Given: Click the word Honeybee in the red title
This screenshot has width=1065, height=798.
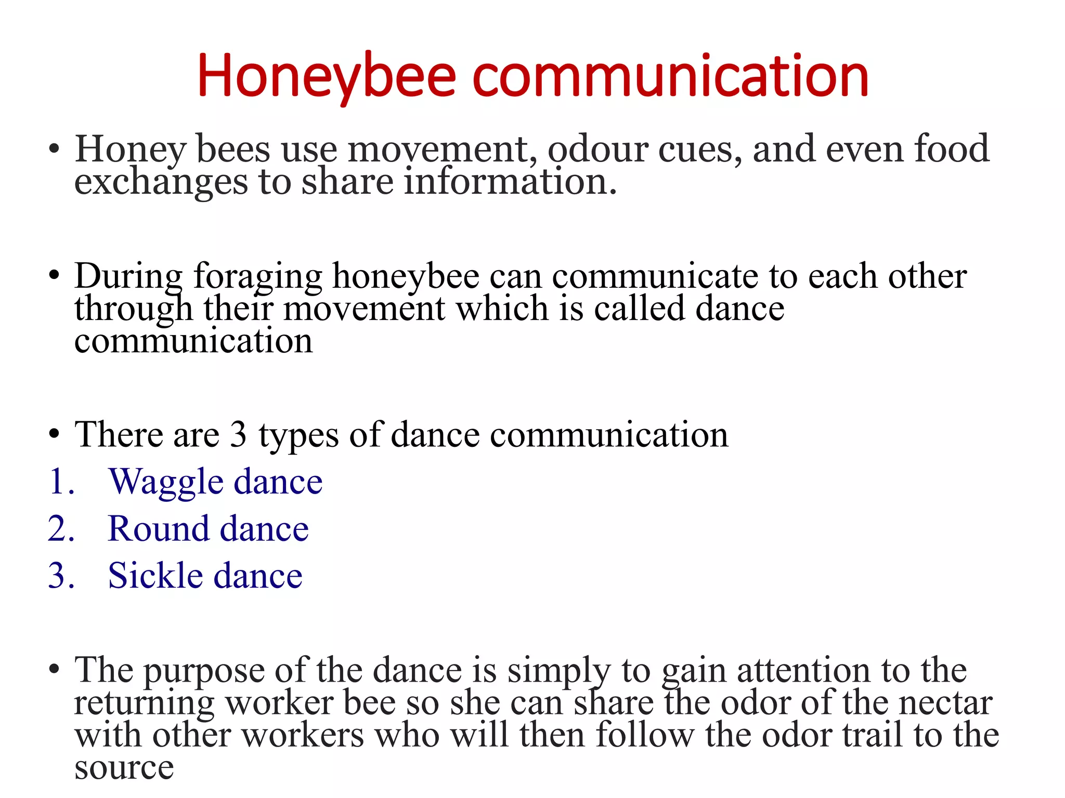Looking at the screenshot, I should point(327,77).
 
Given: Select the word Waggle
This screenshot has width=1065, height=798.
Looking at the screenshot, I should point(166,482).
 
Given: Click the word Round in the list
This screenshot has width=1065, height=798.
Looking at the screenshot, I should point(158,529).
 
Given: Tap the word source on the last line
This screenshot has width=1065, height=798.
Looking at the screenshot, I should point(124,768).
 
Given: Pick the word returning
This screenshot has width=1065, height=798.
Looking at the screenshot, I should point(144,704).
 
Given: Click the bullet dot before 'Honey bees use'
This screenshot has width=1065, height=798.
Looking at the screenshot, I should point(54,149).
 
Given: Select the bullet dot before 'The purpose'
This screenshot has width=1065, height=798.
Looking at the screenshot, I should point(54,670).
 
